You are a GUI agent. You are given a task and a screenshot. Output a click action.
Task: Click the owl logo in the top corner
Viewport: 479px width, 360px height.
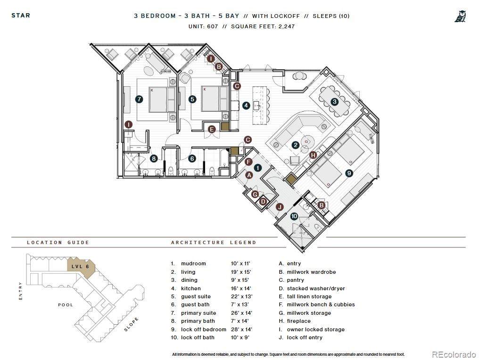(460, 16)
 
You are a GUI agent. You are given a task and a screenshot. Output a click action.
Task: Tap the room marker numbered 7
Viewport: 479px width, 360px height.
(139, 99)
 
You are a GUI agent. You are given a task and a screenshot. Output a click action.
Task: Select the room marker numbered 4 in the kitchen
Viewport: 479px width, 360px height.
(246, 106)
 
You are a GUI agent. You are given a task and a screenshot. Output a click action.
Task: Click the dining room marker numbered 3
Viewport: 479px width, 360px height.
(335, 102)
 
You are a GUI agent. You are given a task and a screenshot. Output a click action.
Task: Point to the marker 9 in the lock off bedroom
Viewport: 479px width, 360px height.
(349, 173)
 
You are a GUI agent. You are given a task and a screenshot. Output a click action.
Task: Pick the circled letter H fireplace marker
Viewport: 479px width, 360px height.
(313, 155)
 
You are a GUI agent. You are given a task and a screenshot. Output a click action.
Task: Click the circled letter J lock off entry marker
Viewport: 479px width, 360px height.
(280, 207)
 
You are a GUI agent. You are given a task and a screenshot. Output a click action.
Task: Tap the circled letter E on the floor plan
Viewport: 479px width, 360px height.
(211, 130)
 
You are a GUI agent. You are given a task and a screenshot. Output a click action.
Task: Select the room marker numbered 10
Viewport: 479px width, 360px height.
(294, 216)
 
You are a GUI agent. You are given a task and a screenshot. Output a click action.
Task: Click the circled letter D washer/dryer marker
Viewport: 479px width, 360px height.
(263, 202)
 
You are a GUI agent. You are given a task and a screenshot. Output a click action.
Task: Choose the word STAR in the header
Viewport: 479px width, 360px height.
(21, 15)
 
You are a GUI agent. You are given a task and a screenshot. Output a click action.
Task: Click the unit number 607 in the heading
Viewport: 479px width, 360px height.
(212, 26)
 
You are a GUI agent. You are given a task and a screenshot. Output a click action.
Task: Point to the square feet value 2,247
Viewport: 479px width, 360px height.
(287, 26)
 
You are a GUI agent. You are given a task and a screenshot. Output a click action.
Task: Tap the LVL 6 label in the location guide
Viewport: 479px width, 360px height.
(80, 267)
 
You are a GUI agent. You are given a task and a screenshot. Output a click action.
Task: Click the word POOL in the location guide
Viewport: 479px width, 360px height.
(66, 305)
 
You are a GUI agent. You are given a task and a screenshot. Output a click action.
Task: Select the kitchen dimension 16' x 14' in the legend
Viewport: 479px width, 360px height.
(241, 288)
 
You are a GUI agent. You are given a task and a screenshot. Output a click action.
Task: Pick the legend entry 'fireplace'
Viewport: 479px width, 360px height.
(298, 321)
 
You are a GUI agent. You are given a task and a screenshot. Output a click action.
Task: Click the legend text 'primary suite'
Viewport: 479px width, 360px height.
(198, 313)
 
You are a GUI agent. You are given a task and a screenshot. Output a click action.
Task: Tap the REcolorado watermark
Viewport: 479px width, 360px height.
(454, 354)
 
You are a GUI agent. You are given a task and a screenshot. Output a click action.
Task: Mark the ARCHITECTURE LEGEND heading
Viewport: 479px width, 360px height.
(214, 243)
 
